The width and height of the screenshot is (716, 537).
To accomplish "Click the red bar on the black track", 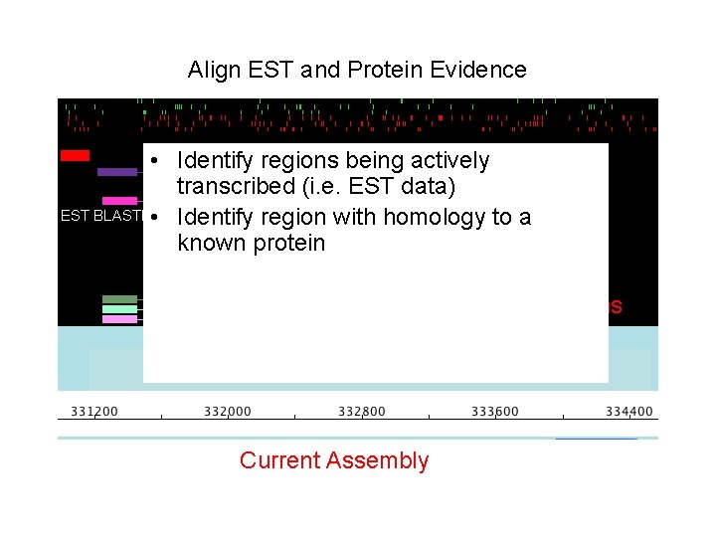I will (75, 155).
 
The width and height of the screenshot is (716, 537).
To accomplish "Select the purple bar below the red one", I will (117, 172).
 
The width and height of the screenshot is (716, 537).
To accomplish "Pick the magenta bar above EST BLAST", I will (120, 201).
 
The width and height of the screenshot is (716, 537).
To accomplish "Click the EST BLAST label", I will (99, 216).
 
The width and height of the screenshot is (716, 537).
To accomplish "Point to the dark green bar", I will (120, 299).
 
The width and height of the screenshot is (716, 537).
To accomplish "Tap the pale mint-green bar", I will (120, 309).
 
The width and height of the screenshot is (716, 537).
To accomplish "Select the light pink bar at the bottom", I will (120, 319).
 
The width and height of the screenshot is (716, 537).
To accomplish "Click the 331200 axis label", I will (94, 412).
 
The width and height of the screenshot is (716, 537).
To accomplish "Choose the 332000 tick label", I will (228, 412).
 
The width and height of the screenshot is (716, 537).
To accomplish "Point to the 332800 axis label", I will (362, 412).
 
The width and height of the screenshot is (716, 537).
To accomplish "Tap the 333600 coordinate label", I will (495, 412).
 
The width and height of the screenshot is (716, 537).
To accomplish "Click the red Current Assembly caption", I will (334, 460).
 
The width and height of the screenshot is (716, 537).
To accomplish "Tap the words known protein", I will (251, 244).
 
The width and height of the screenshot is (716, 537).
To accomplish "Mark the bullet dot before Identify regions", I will (156, 161).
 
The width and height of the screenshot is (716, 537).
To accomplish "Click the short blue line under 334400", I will (596, 438).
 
